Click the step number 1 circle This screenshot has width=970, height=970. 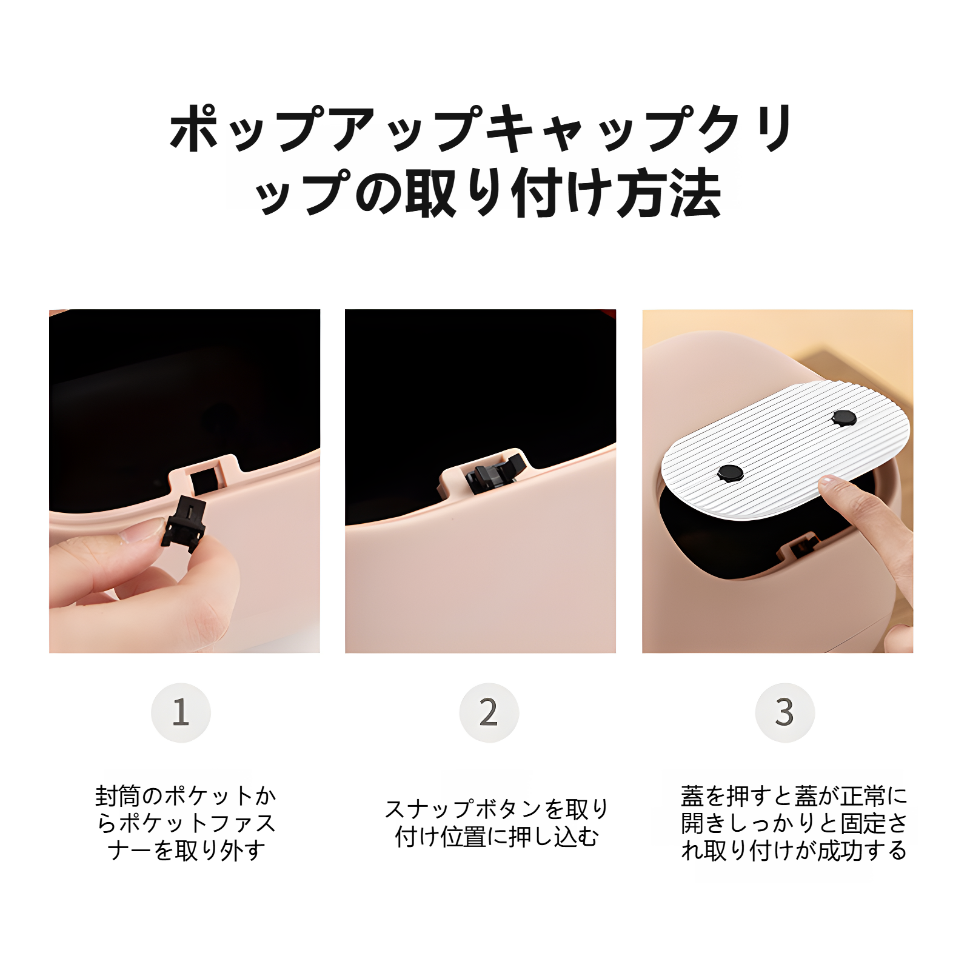(x=181, y=712)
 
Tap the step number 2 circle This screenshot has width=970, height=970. (x=489, y=712)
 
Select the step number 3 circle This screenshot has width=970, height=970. (x=784, y=712)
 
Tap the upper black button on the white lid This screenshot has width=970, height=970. (x=843, y=418)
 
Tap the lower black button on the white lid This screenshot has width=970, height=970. (x=730, y=472)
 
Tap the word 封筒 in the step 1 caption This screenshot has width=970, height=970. (x=118, y=795)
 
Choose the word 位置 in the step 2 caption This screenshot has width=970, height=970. (x=463, y=837)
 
